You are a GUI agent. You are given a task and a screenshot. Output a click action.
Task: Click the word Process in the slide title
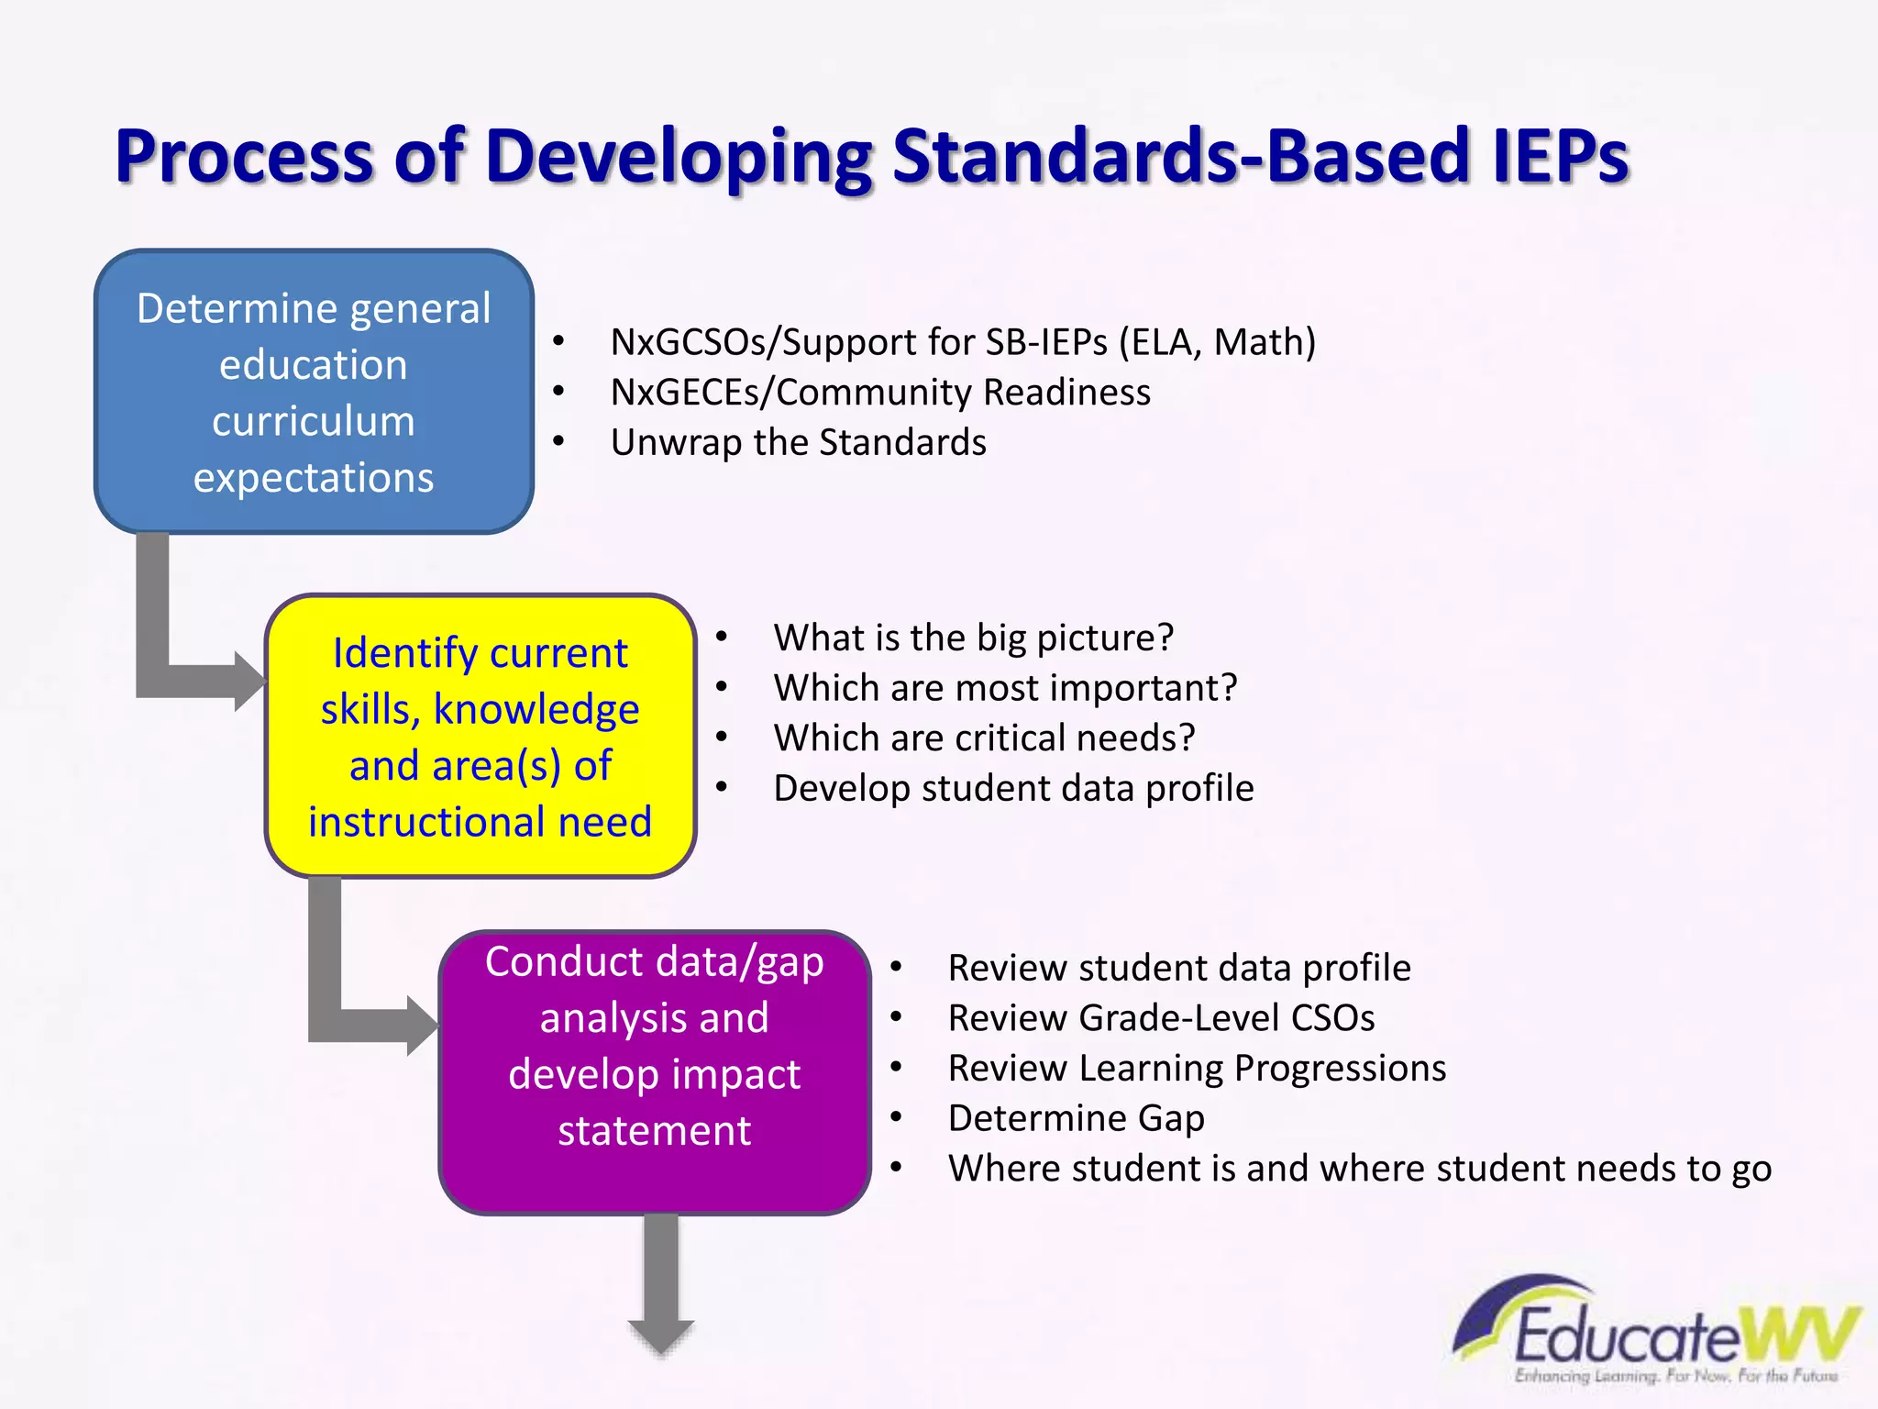(x=244, y=156)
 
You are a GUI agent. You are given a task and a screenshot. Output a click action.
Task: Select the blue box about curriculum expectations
(x=314, y=393)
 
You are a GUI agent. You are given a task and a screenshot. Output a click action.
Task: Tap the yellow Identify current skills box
(x=480, y=737)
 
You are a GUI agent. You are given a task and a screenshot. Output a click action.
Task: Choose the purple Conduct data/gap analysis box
(x=654, y=1071)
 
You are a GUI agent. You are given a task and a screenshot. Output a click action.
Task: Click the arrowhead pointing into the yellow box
(x=249, y=682)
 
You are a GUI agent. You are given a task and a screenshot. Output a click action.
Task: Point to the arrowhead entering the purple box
(x=422, y=1026)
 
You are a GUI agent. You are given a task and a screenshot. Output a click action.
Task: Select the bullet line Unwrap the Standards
(x=798, y=443)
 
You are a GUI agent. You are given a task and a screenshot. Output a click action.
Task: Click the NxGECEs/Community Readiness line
(x=880, y=393)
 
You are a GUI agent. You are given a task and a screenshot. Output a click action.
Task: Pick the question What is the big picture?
(x=973, y=638)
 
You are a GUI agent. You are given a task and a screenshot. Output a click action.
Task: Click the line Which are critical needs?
(x=984, y=738)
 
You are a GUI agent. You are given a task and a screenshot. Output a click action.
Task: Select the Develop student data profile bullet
(x=1013, y=789)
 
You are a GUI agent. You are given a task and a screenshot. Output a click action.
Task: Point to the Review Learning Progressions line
(x=1197, y=1069)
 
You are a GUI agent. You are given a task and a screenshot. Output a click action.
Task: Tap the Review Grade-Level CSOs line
(x=1161, y=1018)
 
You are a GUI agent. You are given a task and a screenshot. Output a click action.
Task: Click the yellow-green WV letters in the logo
(x=1797, y=1335)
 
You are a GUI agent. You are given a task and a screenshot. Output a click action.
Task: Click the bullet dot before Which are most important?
(x=722, y=688)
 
